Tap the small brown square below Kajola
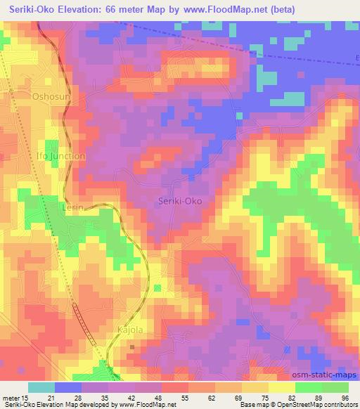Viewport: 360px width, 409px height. coord(132,346)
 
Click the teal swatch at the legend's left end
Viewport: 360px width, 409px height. coord(41,387)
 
